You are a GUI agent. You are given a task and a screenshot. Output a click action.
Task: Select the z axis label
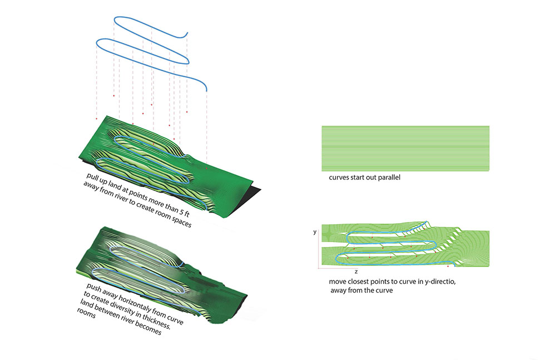[355, 272]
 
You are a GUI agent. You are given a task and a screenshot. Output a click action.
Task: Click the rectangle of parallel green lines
[405, 148]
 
